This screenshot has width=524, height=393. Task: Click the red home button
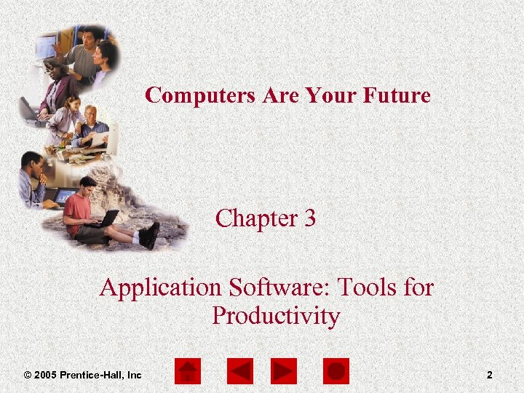point(188,371)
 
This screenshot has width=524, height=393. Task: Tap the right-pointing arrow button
point(283,371)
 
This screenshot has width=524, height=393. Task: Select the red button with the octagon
point(336,371)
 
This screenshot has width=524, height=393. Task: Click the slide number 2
point(490,375)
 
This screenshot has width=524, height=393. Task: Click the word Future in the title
point(400,95)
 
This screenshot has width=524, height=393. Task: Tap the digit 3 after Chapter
point(310,218)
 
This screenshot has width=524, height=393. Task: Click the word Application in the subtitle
point(160,288)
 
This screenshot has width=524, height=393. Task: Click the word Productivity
point(276,317)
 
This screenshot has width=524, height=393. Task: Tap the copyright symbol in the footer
point(28,375)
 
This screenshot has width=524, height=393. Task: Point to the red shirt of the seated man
point(77,210)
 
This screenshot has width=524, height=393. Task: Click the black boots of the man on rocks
point(149,235)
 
